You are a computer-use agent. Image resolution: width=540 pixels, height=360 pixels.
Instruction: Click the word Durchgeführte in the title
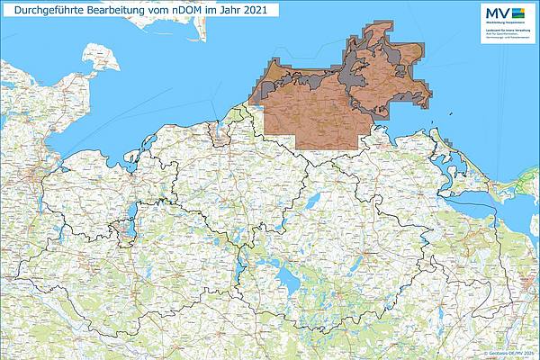click(x=45, y=11)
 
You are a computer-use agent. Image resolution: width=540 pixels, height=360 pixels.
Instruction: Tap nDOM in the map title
click(x=189, y=11)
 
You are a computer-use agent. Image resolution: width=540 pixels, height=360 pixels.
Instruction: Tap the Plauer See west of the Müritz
click(x=241, y=270)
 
